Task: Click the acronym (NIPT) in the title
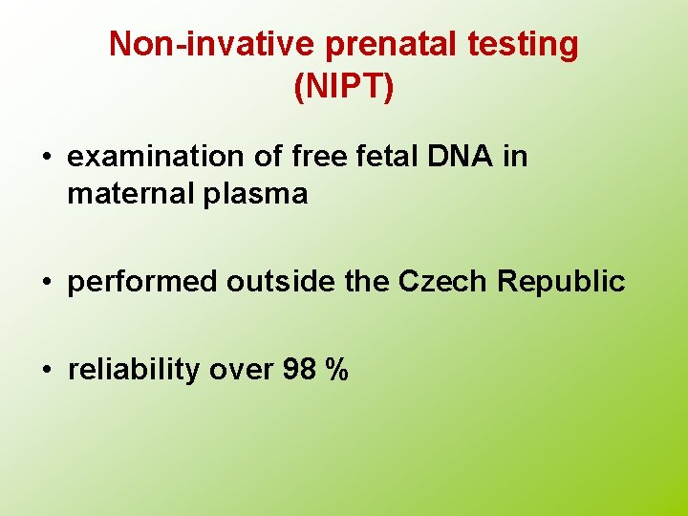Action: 344,87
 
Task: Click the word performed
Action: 143,282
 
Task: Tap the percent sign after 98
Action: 336,370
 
